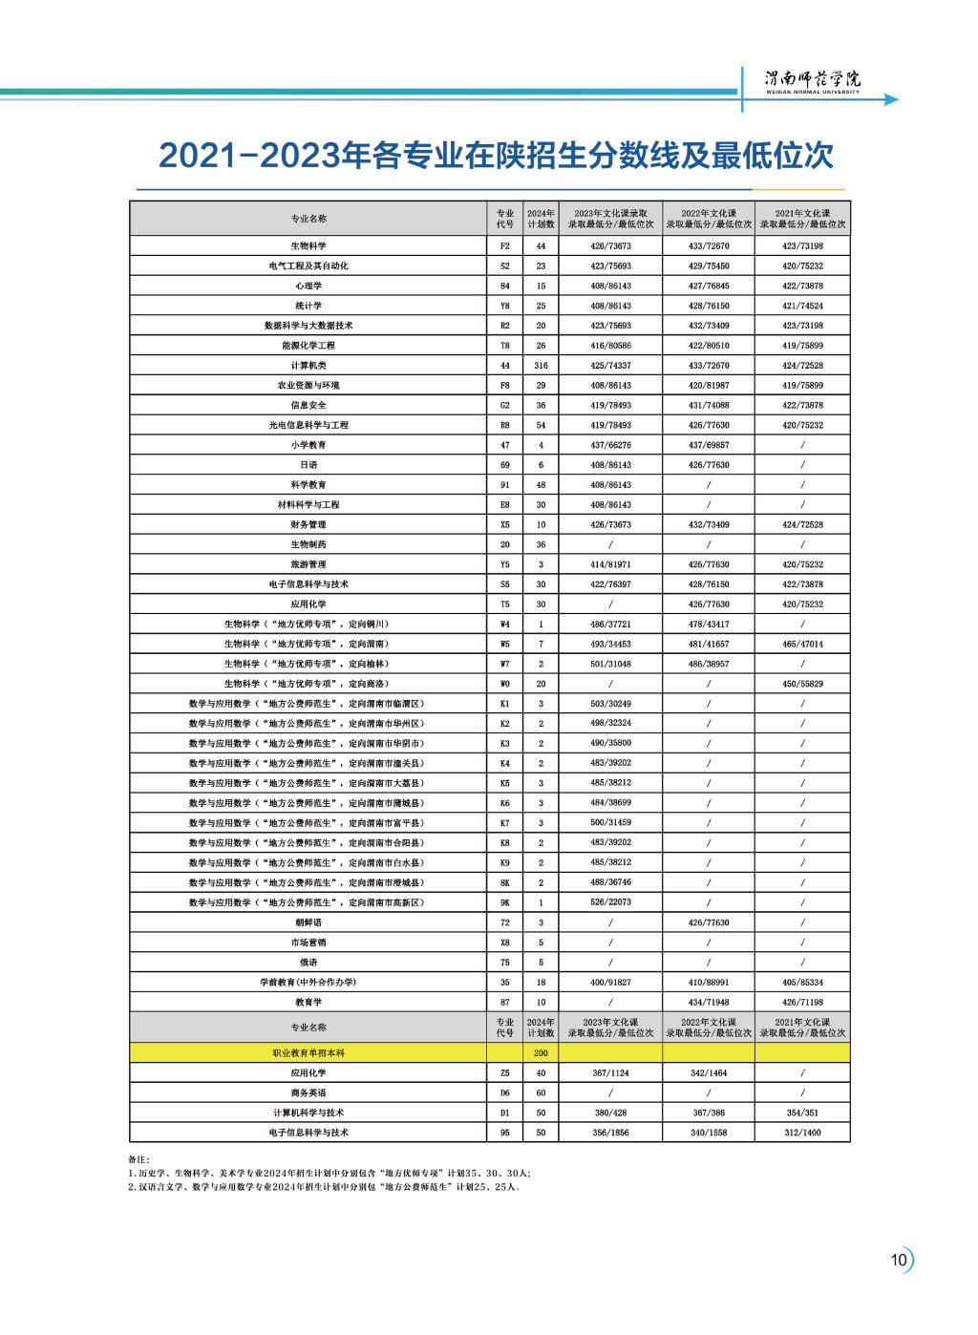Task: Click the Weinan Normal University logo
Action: [x=813, y=80]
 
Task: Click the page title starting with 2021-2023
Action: [x=496, y=156]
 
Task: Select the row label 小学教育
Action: [x=308, y=445]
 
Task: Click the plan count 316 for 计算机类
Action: [x=541, y=366]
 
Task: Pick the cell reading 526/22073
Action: [x=610, y=902]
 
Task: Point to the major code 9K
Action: [x=505, y=902]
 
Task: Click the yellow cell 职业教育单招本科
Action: [x=308, y=1052]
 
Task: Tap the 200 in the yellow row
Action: [x=541, y=1052]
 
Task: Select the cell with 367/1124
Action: [x=610, y=1072]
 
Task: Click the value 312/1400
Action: [x=802, y=1133]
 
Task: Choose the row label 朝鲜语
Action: [x=308, y=922]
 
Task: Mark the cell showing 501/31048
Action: [x=610, y=664]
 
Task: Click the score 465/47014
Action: [x=802, y=644]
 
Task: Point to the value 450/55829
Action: [x=802, y=684]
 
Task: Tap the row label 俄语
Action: [x=308, y=963]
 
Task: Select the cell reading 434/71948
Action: [x=709, y=1002]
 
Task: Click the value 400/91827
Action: [x=610, y=982]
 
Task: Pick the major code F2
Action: [x=505, y=245]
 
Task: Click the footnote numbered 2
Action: [x=325, y=1187]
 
